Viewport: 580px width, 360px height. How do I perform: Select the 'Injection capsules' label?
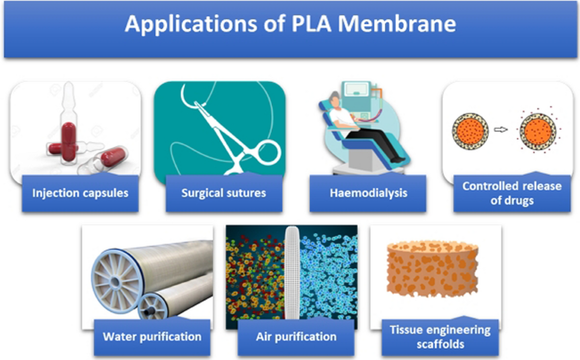80,193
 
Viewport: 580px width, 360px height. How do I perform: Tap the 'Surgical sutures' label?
224,193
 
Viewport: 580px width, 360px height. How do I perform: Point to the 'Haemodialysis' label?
368,193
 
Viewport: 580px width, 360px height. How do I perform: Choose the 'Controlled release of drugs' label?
512,193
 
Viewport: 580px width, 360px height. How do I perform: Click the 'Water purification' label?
152,336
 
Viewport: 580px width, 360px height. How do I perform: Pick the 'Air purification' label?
296,336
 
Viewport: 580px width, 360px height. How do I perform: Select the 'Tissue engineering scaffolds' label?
440,337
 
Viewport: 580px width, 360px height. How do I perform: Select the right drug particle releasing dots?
537,130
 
